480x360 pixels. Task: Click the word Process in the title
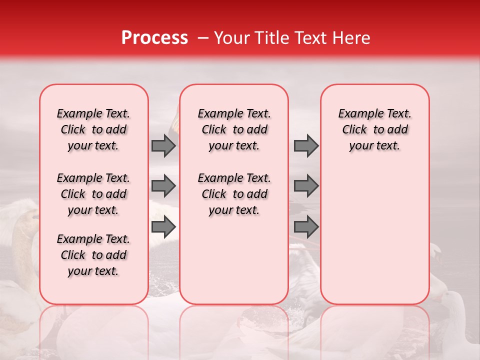tap(154, 38)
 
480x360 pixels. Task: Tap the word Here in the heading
tap(349, 38)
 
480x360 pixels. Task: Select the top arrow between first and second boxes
tap(163, 145)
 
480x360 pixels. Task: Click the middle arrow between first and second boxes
tap(163, 186)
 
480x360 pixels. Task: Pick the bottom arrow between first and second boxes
tap(163, 227)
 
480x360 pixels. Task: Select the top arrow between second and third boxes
tap(306, 145)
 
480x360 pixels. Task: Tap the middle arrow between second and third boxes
tap(306, 186)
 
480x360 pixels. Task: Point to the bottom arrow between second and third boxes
tap(306, 227)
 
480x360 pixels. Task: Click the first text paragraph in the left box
tap(93, 129)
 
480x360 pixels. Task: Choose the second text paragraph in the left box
tap(93, 194)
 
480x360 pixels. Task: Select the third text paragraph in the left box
tap(93, 255)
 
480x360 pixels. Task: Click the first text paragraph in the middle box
tap(234, 129)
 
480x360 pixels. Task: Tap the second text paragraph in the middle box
tap(234, 194)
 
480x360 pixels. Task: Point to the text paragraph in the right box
tap(375, 129)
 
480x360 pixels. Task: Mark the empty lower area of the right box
tap(375, 235)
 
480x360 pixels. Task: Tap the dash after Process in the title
tap(203, 38)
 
